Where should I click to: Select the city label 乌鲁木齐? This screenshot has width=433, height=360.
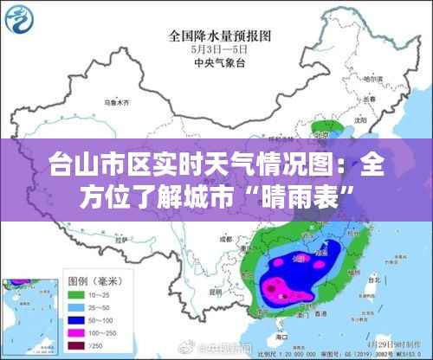pyautogui.click(x=116, y=102)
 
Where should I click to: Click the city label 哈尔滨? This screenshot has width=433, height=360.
pyautogui.click(x=372, y=80)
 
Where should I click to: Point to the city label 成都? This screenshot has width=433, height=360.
pyautogui.click(x=227, y=235)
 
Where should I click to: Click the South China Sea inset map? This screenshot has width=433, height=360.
pyautogui.click(x=26, y=316)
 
